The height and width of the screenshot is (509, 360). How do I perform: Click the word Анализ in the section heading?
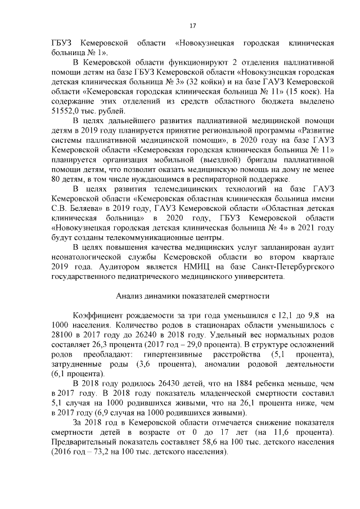[x=130, y=296]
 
